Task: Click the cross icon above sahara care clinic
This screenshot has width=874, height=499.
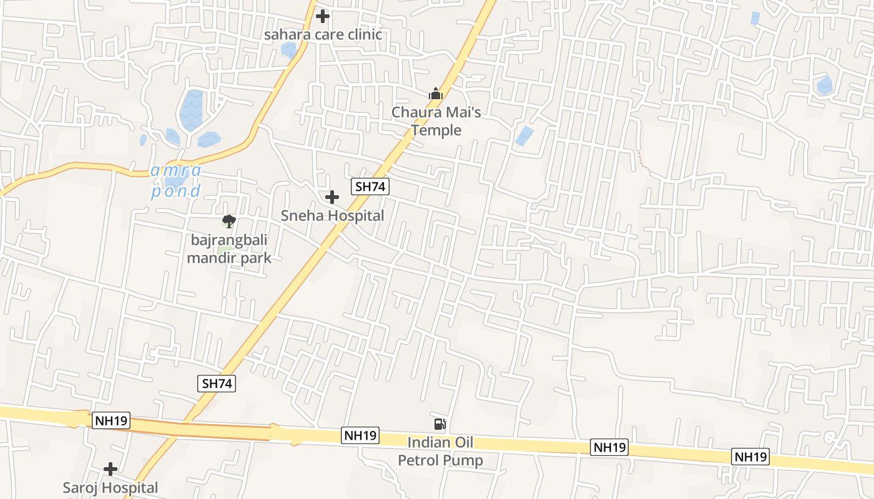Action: [x=323, y=16]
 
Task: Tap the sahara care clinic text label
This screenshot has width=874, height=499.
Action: [x=323, y=34]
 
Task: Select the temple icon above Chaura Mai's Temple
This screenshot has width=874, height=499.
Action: [x=436, y=94]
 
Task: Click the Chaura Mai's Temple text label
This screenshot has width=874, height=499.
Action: [x=436, y=121]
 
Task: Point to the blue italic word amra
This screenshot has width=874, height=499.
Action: [x=175, y=170]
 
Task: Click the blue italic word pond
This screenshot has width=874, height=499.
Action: [x=175, y=191]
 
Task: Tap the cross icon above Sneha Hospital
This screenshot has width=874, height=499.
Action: [x=332, y=198]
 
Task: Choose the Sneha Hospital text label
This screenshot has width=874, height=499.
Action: [x=332, y=216]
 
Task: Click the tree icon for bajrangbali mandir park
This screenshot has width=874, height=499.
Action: [x=229, y=221]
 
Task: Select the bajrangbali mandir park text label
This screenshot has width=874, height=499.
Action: [x=229, y=248]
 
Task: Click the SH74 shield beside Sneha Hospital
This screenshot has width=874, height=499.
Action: [x=370, y=186]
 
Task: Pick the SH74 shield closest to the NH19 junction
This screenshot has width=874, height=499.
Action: [x=217, y=384]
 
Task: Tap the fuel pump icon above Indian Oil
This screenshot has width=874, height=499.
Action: [x=440, y=424]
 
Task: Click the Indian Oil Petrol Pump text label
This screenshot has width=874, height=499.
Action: [x=441, y=452]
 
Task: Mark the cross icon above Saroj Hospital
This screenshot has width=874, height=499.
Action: [x=110, y=469]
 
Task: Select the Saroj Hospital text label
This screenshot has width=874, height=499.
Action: [x=110, y=487]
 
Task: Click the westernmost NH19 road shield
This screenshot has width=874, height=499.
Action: [x=111, y=420]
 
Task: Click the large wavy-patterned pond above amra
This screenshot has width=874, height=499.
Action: [x=191, y=110]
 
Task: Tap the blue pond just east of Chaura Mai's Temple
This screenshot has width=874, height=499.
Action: [x=524, y=136]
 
